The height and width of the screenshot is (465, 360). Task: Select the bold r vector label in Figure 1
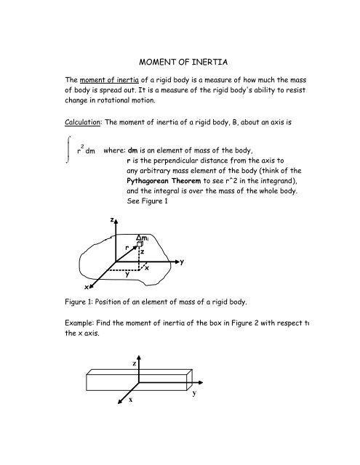pos(127,248)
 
